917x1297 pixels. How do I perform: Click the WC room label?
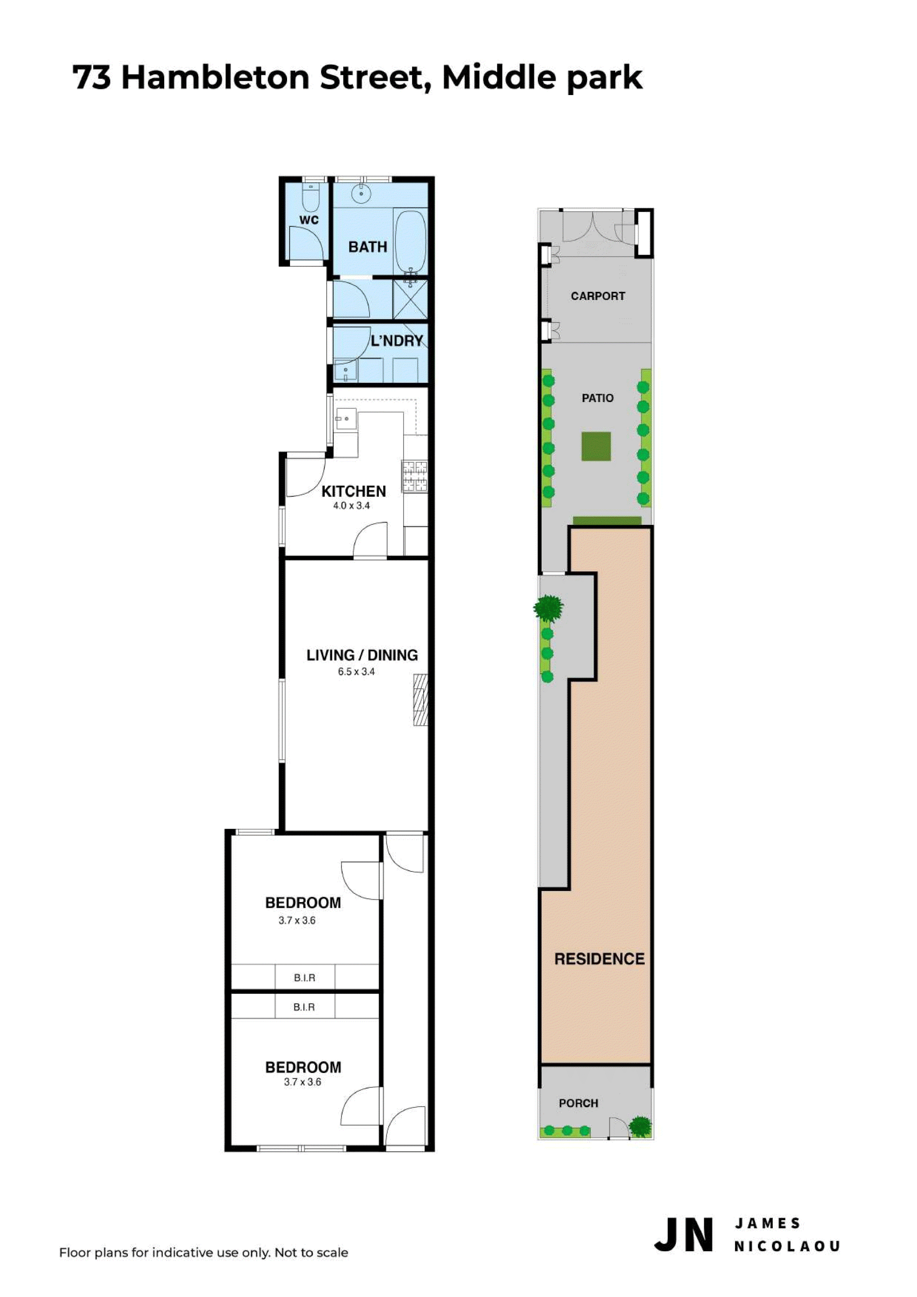point(309,220)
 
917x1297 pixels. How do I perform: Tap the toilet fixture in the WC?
point(310,197)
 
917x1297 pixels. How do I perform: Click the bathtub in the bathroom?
point(411,242)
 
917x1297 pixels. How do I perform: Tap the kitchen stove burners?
point(416,476)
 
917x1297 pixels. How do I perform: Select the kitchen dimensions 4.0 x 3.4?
point(352,506)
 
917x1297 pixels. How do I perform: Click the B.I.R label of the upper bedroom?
point(305,978)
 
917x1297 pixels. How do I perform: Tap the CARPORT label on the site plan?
point(598,296)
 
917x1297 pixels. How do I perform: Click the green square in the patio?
point(597,447)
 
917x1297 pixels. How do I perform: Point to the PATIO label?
point(598,398)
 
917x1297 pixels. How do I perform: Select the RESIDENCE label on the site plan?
point(599,959)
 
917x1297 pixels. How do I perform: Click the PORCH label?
point(578,1103)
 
